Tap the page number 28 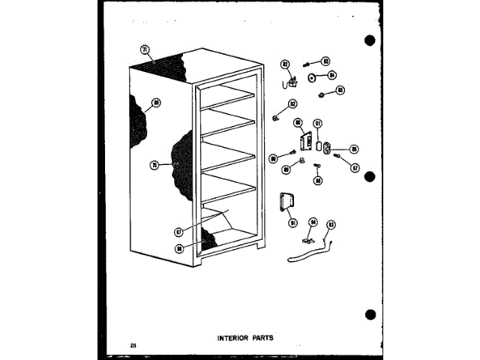pyautogui.click(x=133, y=344)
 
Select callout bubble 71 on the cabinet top pyautogui.click(x=145, y=50)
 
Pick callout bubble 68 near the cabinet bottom pyautogui.click(x=180, y=248)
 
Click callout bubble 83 pyautogui.click(x=326, y=60)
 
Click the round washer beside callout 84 pyautogui.click(x=311, y=75)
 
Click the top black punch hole pyautogui.click(x=370, y=40)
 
